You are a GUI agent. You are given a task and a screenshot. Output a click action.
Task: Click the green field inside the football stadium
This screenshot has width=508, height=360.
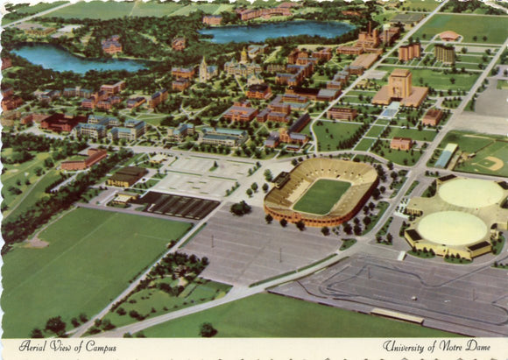click(321, 196)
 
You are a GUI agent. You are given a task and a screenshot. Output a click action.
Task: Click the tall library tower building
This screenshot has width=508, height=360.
click(401, 85)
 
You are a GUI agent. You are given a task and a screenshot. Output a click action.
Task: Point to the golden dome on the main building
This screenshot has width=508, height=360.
click(244, 54)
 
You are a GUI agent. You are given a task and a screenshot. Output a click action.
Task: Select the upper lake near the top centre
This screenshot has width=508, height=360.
click(276, 32)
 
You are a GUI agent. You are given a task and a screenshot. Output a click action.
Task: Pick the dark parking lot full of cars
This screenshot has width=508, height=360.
click(180, 205)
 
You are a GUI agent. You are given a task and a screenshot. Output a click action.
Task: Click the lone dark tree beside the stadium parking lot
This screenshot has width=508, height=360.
click(238, 208)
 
